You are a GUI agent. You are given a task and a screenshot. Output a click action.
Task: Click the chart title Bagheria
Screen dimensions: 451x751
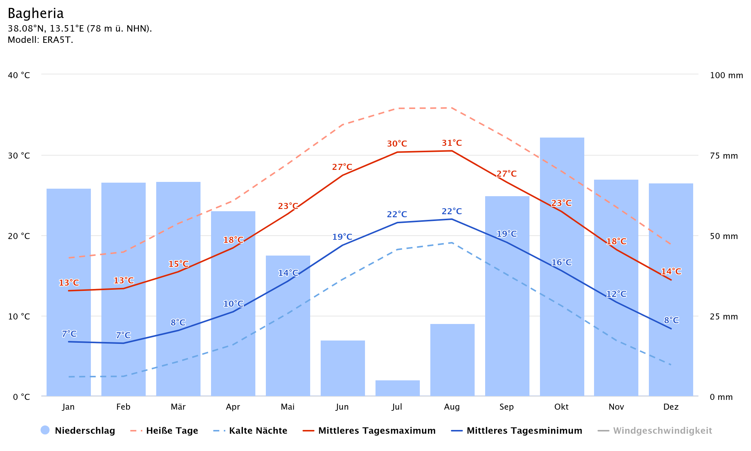click(x=36, y=14)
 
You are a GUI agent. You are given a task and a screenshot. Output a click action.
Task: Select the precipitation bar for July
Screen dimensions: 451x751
click(x=397, y=388)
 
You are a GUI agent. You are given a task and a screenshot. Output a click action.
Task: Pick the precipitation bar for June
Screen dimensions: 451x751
click(x=342, y=368)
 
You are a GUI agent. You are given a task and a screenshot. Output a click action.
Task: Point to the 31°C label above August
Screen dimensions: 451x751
click(x=452, y=143)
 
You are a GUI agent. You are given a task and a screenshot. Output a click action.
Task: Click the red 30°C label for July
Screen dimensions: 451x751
click(x=397, y=144)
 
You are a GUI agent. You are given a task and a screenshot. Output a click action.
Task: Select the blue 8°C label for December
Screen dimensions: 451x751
click(x=671, y=321)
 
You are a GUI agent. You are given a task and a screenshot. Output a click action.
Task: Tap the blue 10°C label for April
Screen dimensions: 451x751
click(x=233, y=304)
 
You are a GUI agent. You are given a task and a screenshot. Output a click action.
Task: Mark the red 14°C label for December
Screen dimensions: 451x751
click(x=671, y=272)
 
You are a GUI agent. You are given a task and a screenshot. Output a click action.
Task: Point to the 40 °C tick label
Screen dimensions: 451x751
click(x=19, y=75)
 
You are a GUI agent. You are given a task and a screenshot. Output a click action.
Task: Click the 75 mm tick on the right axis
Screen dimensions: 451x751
click(x=724, y=156)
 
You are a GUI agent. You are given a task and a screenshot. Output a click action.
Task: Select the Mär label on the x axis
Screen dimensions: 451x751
click(x=178, y=407)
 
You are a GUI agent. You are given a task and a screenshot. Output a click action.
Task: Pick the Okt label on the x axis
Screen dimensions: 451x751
click(x=561, y=407)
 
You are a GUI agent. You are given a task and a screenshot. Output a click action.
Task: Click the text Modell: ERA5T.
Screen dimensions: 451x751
click(x=40, y=40)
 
